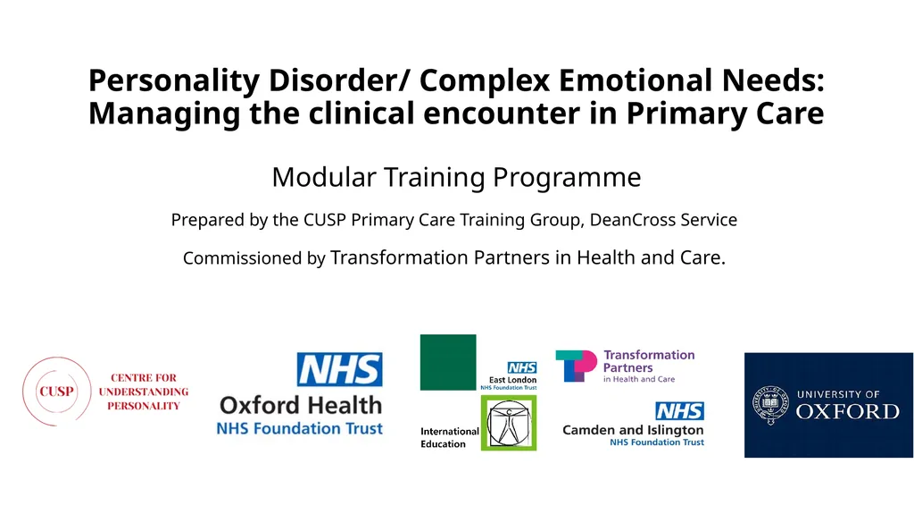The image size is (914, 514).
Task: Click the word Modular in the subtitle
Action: click(x=324, y=177)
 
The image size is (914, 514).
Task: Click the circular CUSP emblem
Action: click(x=55, y=392)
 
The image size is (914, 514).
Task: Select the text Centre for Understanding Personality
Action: click(x=144, y=392)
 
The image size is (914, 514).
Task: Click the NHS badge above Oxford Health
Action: click(x=339, y=369)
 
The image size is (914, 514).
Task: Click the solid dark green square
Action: click(x=448, y=362)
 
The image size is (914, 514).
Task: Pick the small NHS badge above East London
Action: click(x=521, y=367)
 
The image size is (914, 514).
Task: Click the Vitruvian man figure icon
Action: click(x=509, y=423)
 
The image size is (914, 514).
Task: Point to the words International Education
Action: click(x=449, y=438)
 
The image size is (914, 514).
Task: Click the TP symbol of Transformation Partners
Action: click(x=576, y=366)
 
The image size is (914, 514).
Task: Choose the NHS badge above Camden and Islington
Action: click(x=679, y=411)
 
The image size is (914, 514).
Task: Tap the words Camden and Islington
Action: click(x=633, y=430)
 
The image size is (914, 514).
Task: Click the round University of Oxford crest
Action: click(x=769, y=404)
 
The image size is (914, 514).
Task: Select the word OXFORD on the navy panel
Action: click(x=847, y=411)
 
